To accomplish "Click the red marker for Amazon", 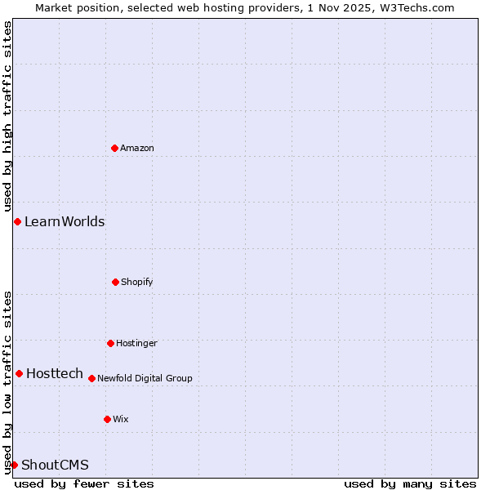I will [114, 148].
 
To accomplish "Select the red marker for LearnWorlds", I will [17, 221].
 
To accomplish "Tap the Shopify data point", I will [115, 282].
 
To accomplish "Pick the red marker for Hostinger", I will [110, 343].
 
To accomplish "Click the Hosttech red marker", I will [19, 373].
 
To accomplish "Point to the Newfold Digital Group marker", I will [91, 378].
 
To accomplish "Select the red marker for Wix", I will [107, 419].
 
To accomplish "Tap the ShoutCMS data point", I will [14, 465].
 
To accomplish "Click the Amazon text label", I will [137, 148].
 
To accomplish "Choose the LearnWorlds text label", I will [65, 221].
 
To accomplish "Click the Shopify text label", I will [137, 282].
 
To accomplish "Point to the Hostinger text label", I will [136, 343].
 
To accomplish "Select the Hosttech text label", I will [55, 373].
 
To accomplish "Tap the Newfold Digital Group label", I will [145, 378].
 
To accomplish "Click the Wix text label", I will [121, 419].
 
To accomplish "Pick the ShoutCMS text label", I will [55, 465].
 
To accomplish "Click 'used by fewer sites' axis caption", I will [84, 483].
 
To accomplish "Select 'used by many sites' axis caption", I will [410, 483].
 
